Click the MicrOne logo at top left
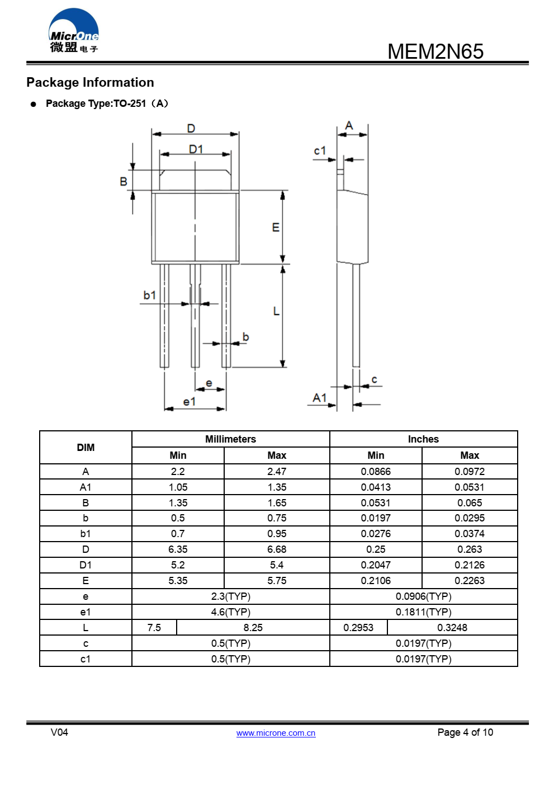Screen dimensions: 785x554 click(x=74, y=31)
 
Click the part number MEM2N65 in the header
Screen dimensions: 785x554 click(x=435, y=51)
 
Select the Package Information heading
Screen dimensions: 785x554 click(x=90, y=82)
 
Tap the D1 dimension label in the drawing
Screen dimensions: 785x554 click(x=196, y=149)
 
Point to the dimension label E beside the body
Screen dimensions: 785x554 click(x=276, y=227)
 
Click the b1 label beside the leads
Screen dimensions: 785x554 click(x=149, y=295)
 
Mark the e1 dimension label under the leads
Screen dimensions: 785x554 click(x=190, y=402)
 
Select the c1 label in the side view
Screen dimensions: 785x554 click(x=319, y=151)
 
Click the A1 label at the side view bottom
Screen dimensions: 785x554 click(x=319, y=398)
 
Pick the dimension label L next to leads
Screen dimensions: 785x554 click(x=276, y=311)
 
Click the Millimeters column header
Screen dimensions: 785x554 click(x=230, y=439)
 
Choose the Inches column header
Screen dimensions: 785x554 click(x=423, y=439)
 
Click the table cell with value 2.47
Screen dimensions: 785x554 click(x=277, y=472)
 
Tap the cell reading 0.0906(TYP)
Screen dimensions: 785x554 click(x=423, y=596)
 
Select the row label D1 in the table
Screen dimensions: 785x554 click(x=86, y=565)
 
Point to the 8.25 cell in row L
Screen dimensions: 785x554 click(x=253, y=628)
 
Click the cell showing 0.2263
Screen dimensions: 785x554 click(x=470, y=581)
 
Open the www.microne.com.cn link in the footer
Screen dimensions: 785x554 click(x=276, y=733)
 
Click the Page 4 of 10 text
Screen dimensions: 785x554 click(x=465, y=732)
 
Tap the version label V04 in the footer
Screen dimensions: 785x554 click(x=59, y=732)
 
